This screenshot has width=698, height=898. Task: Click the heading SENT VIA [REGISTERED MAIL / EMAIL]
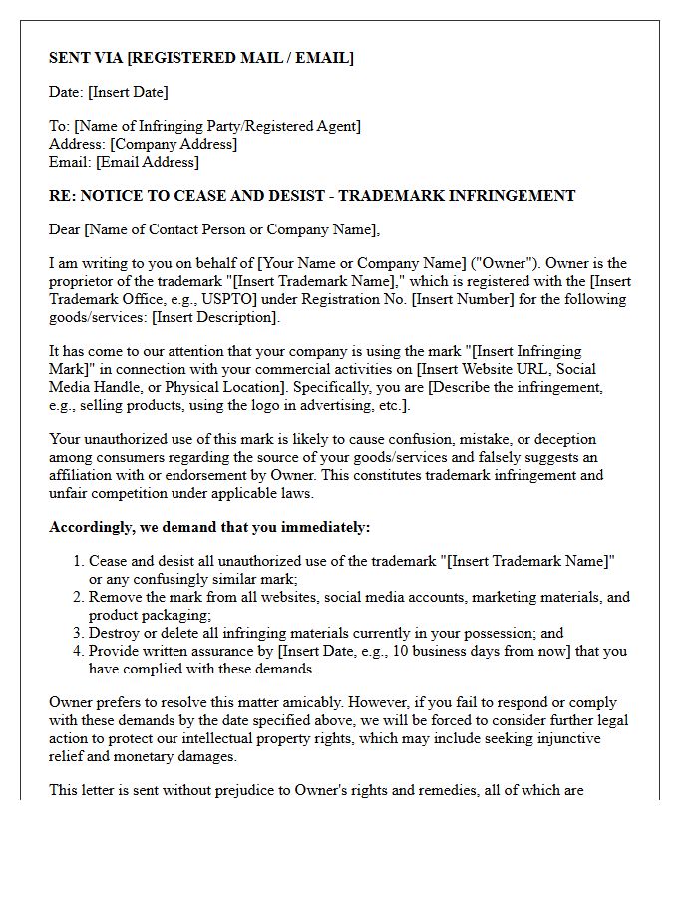click(200, 58)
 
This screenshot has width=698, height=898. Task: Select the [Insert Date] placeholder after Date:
click(128, 92)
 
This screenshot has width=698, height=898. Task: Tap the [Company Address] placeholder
click(174, 144)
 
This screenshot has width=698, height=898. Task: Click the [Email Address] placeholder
click(148, 162)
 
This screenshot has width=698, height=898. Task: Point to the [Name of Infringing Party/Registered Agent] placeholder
click(217, 126)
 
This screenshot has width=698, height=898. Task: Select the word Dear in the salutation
click(65, 229)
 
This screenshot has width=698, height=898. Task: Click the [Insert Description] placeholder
click(215, 317)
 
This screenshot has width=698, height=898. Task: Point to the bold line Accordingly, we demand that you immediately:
click(209, 527)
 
